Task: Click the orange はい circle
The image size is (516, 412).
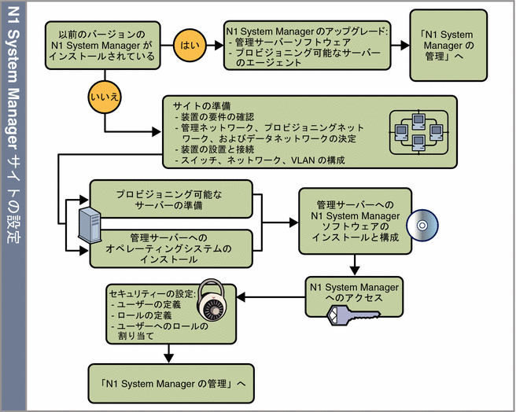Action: tap(190, 45)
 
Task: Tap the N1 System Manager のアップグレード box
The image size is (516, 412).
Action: tap(308, 46)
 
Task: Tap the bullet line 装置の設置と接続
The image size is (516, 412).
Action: tap(215, 149)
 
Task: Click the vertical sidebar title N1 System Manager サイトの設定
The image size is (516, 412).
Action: tap(13, 206)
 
